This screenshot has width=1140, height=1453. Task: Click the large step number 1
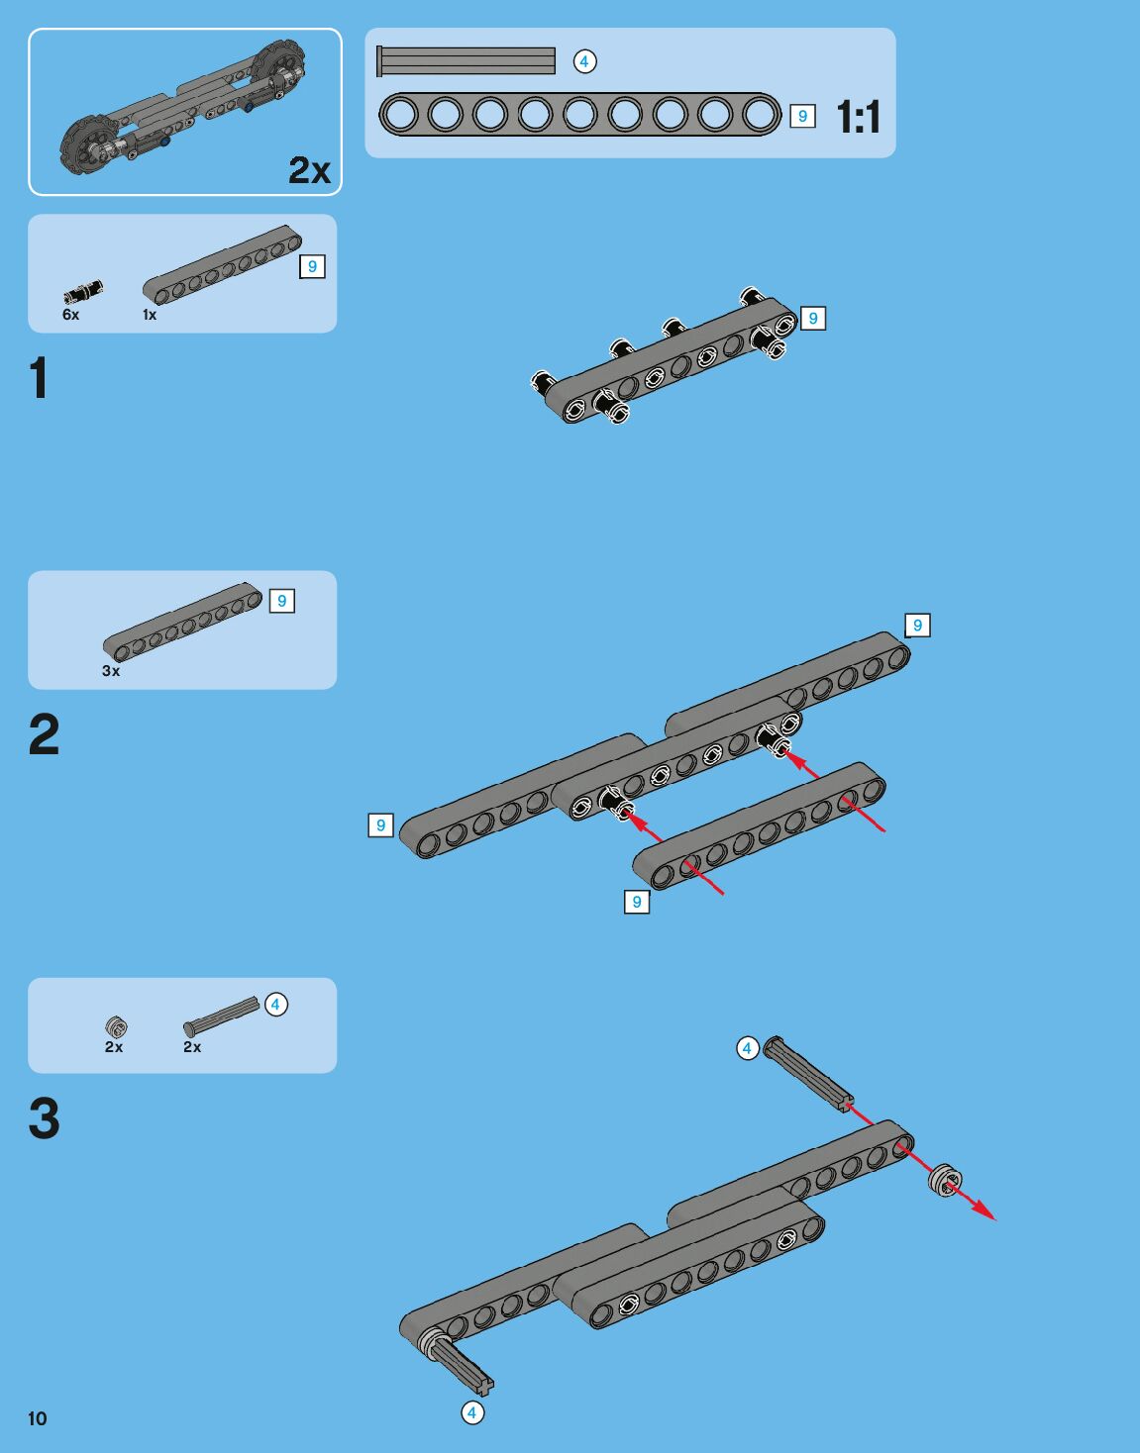(39, 378)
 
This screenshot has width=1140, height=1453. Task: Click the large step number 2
(44, 735)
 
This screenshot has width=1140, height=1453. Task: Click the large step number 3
(44, 1118)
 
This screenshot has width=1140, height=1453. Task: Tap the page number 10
(38, 1418)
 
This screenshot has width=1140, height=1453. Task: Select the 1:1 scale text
(858, 118)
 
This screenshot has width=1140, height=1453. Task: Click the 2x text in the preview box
(309, 170)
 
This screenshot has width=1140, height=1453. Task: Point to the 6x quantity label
(71, 315)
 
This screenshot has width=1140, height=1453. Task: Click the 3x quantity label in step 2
(111, 671)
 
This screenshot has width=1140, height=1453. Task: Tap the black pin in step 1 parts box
(83, 291)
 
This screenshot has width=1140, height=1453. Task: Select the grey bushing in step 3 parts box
(116, 1026)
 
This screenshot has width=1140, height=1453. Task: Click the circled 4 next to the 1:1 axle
(584, 61)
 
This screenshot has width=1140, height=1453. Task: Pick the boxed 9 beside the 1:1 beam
(802, 116)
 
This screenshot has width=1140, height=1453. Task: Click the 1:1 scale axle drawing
(466, 61)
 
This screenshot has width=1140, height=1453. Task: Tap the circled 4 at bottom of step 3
(472, 1412)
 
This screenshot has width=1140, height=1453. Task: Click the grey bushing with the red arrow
(945, 1180)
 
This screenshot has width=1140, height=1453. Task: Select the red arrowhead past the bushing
(985, 1211)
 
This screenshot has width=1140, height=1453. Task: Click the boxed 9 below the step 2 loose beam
(637, 902)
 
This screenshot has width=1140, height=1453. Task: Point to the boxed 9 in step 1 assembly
(813, 319)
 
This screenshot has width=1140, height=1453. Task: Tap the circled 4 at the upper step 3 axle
(748, 1048)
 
